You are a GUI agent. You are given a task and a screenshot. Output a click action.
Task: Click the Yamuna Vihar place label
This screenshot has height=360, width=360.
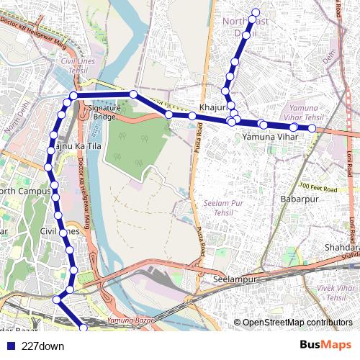coord(270,136)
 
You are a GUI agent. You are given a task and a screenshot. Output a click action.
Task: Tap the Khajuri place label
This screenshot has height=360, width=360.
coord(212,107)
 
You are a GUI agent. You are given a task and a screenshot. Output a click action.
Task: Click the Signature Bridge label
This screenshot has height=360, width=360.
coord(99,112)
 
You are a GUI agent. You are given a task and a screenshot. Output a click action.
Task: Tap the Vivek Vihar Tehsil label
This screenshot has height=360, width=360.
coord(337,292)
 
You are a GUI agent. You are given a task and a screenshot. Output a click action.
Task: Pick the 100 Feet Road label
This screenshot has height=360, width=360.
coord(319,186)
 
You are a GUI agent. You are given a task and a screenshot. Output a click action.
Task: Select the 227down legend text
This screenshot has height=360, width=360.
coord(43,346)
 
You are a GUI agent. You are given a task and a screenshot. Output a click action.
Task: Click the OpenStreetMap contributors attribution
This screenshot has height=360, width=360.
coord(297,323)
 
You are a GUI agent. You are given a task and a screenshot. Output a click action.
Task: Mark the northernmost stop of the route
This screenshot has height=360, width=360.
coord(255,11)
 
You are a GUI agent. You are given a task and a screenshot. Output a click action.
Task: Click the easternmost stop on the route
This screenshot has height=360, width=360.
coord(312,128)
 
